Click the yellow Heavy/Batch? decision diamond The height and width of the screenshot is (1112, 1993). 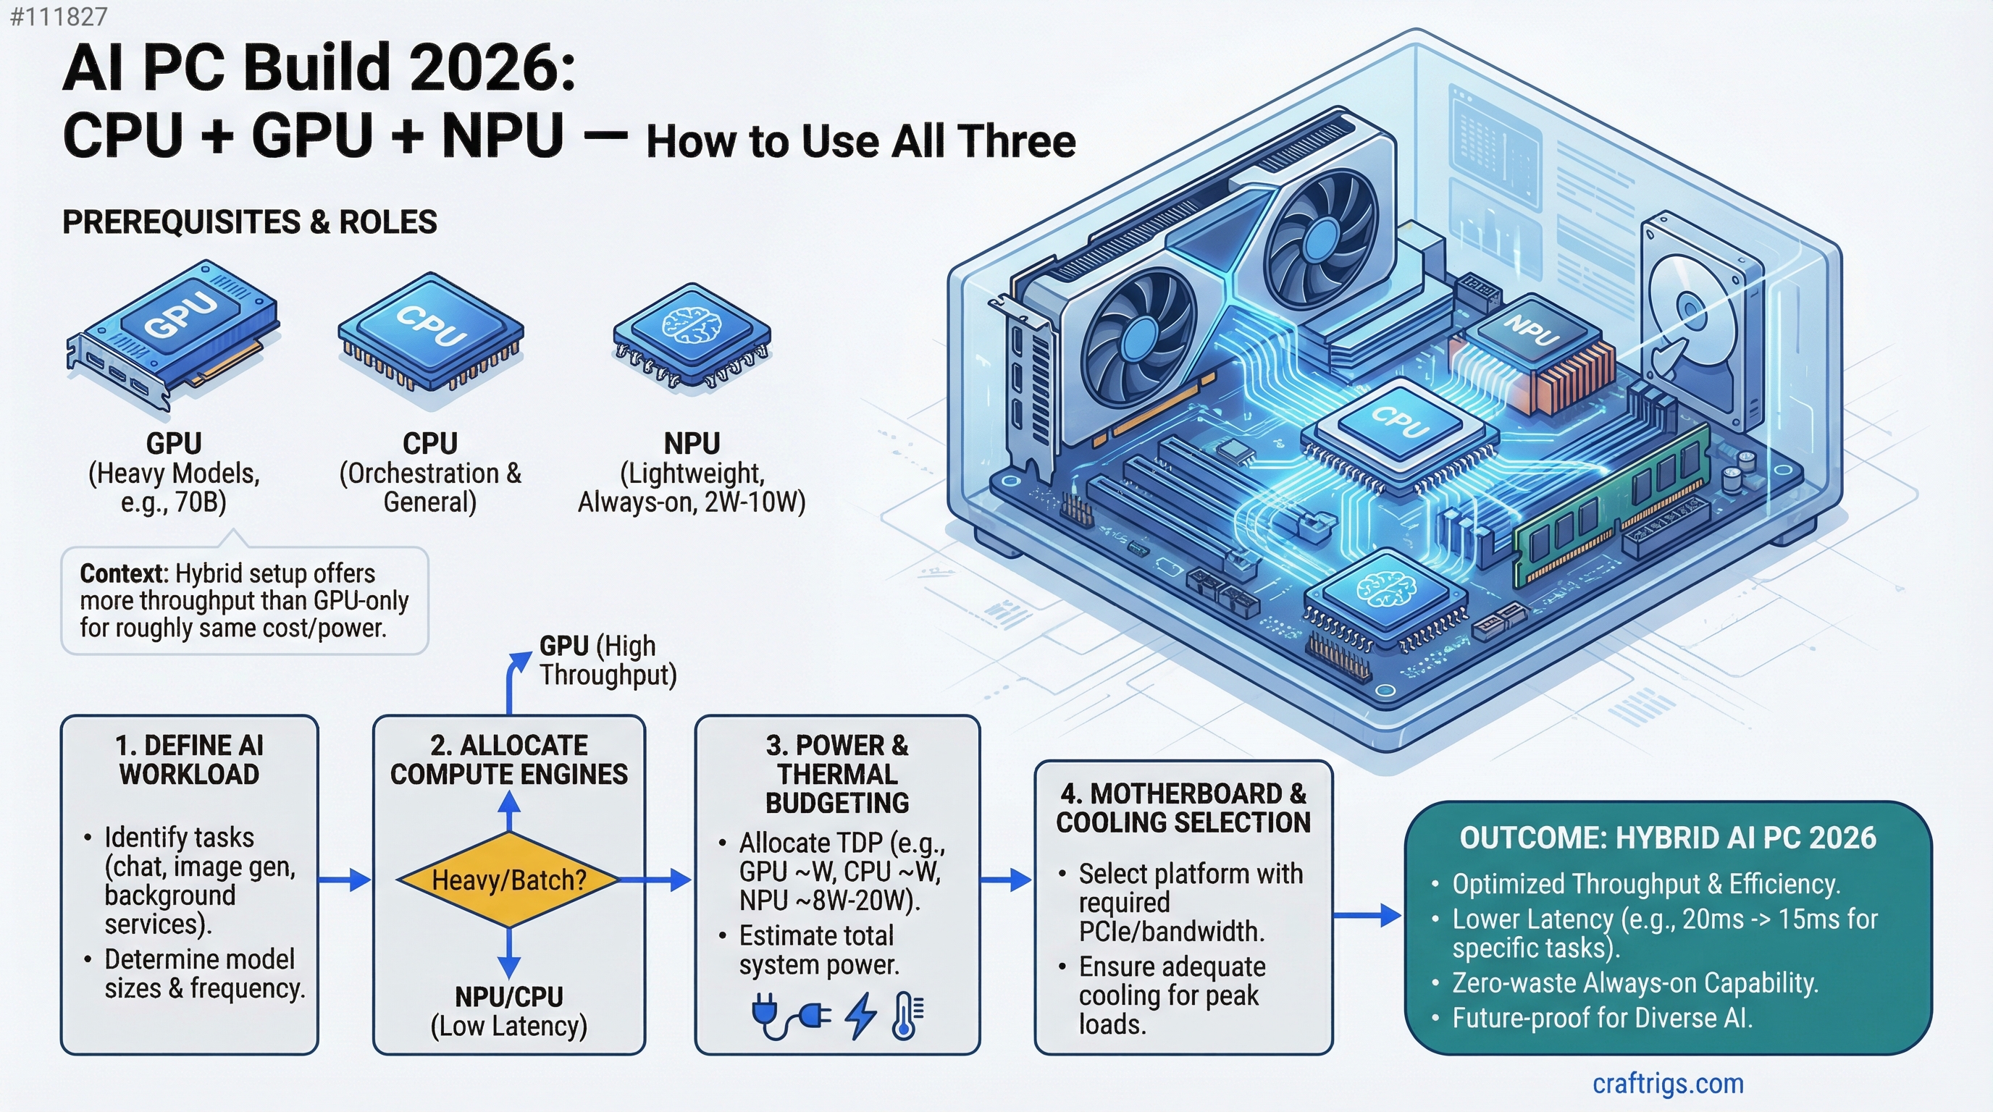508,880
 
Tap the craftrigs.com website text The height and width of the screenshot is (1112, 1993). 1667,1083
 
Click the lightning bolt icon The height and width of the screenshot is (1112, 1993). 860,1014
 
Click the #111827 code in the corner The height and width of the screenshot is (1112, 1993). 59,16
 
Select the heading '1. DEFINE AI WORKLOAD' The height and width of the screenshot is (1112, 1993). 190,759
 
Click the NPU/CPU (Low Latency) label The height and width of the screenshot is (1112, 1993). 508,1011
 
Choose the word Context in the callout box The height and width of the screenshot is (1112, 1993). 123,574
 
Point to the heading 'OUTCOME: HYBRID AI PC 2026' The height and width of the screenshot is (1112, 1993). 1667,838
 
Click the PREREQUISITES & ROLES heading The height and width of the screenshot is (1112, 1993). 249,223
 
